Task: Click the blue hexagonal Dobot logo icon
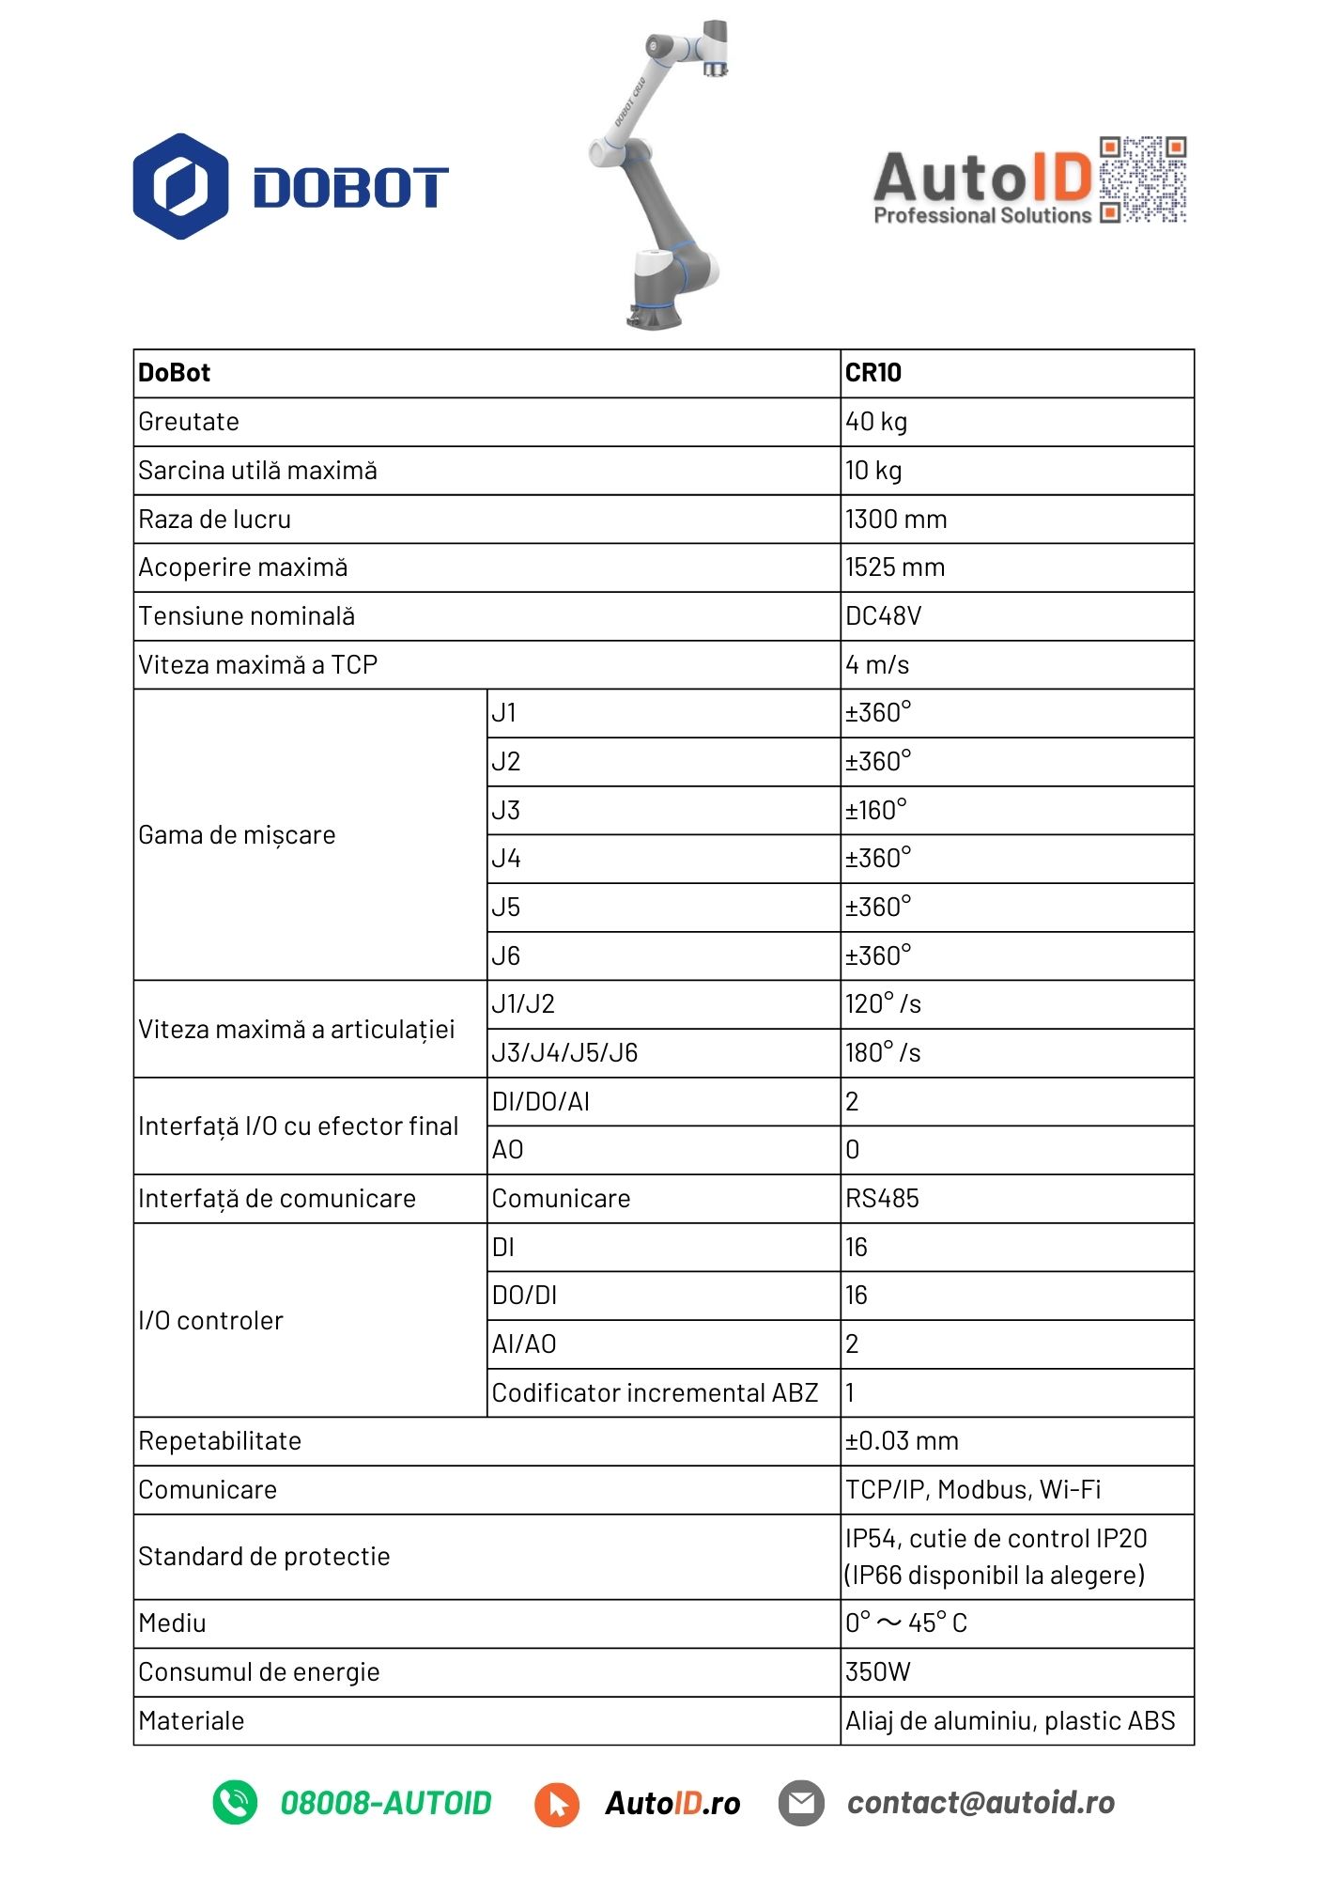click(180, 186)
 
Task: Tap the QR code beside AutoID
click(1142, 179)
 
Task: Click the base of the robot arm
click(654, 312)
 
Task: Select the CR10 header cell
click(873, 373)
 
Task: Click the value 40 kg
click(876, 422)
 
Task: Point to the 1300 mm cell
click(896, 519)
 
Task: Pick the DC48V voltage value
click(883, 616)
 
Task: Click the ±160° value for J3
click(875, 810)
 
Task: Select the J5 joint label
click(506, 908)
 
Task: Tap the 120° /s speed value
click(883, 1004)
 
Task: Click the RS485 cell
click(882, 1199)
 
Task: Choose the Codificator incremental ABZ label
click(655, 1392)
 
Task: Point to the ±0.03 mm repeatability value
click(902, 1441)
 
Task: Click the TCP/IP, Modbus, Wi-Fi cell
click(973, 1490)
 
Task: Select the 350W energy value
click(878, 1672)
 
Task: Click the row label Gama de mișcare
click(237, 835)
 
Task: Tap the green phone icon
click(235, 1803)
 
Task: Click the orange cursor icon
click(557, 1804)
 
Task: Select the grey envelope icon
click(801, 1803)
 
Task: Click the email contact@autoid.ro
click(981, 1803)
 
